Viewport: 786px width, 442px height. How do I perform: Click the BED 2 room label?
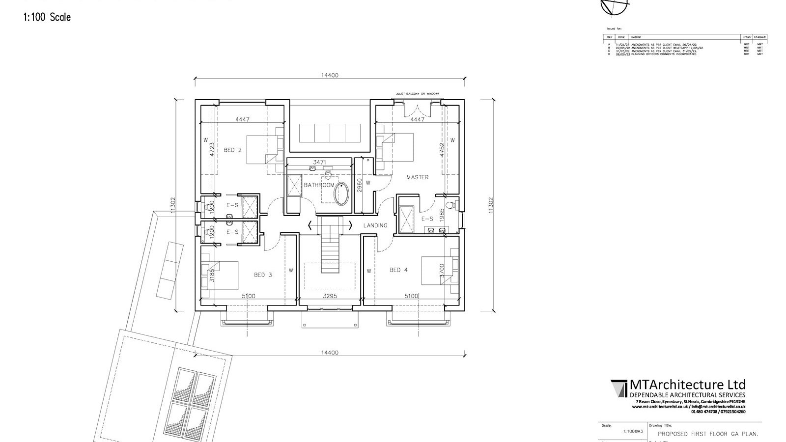pos(232,150)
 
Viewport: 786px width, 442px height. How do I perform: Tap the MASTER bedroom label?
pos(417,177)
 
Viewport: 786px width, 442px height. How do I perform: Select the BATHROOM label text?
pos(319,185)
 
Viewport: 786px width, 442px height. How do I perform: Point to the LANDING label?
pos(375,225)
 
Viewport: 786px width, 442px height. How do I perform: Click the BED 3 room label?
pos(263,275)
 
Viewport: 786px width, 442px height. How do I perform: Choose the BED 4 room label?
pos(398,270)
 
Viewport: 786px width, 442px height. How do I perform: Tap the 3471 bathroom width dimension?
pos(320,162)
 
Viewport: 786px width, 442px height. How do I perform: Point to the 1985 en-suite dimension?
pos(442,215)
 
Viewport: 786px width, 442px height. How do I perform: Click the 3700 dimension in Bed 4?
pos(442,271)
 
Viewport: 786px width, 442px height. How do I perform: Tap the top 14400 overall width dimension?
pos(330,76)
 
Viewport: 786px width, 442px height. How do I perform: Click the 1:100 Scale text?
pos(47,17)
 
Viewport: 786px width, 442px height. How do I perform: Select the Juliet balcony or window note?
pos(417,93)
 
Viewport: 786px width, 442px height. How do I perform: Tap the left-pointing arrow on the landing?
pos(309,225)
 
